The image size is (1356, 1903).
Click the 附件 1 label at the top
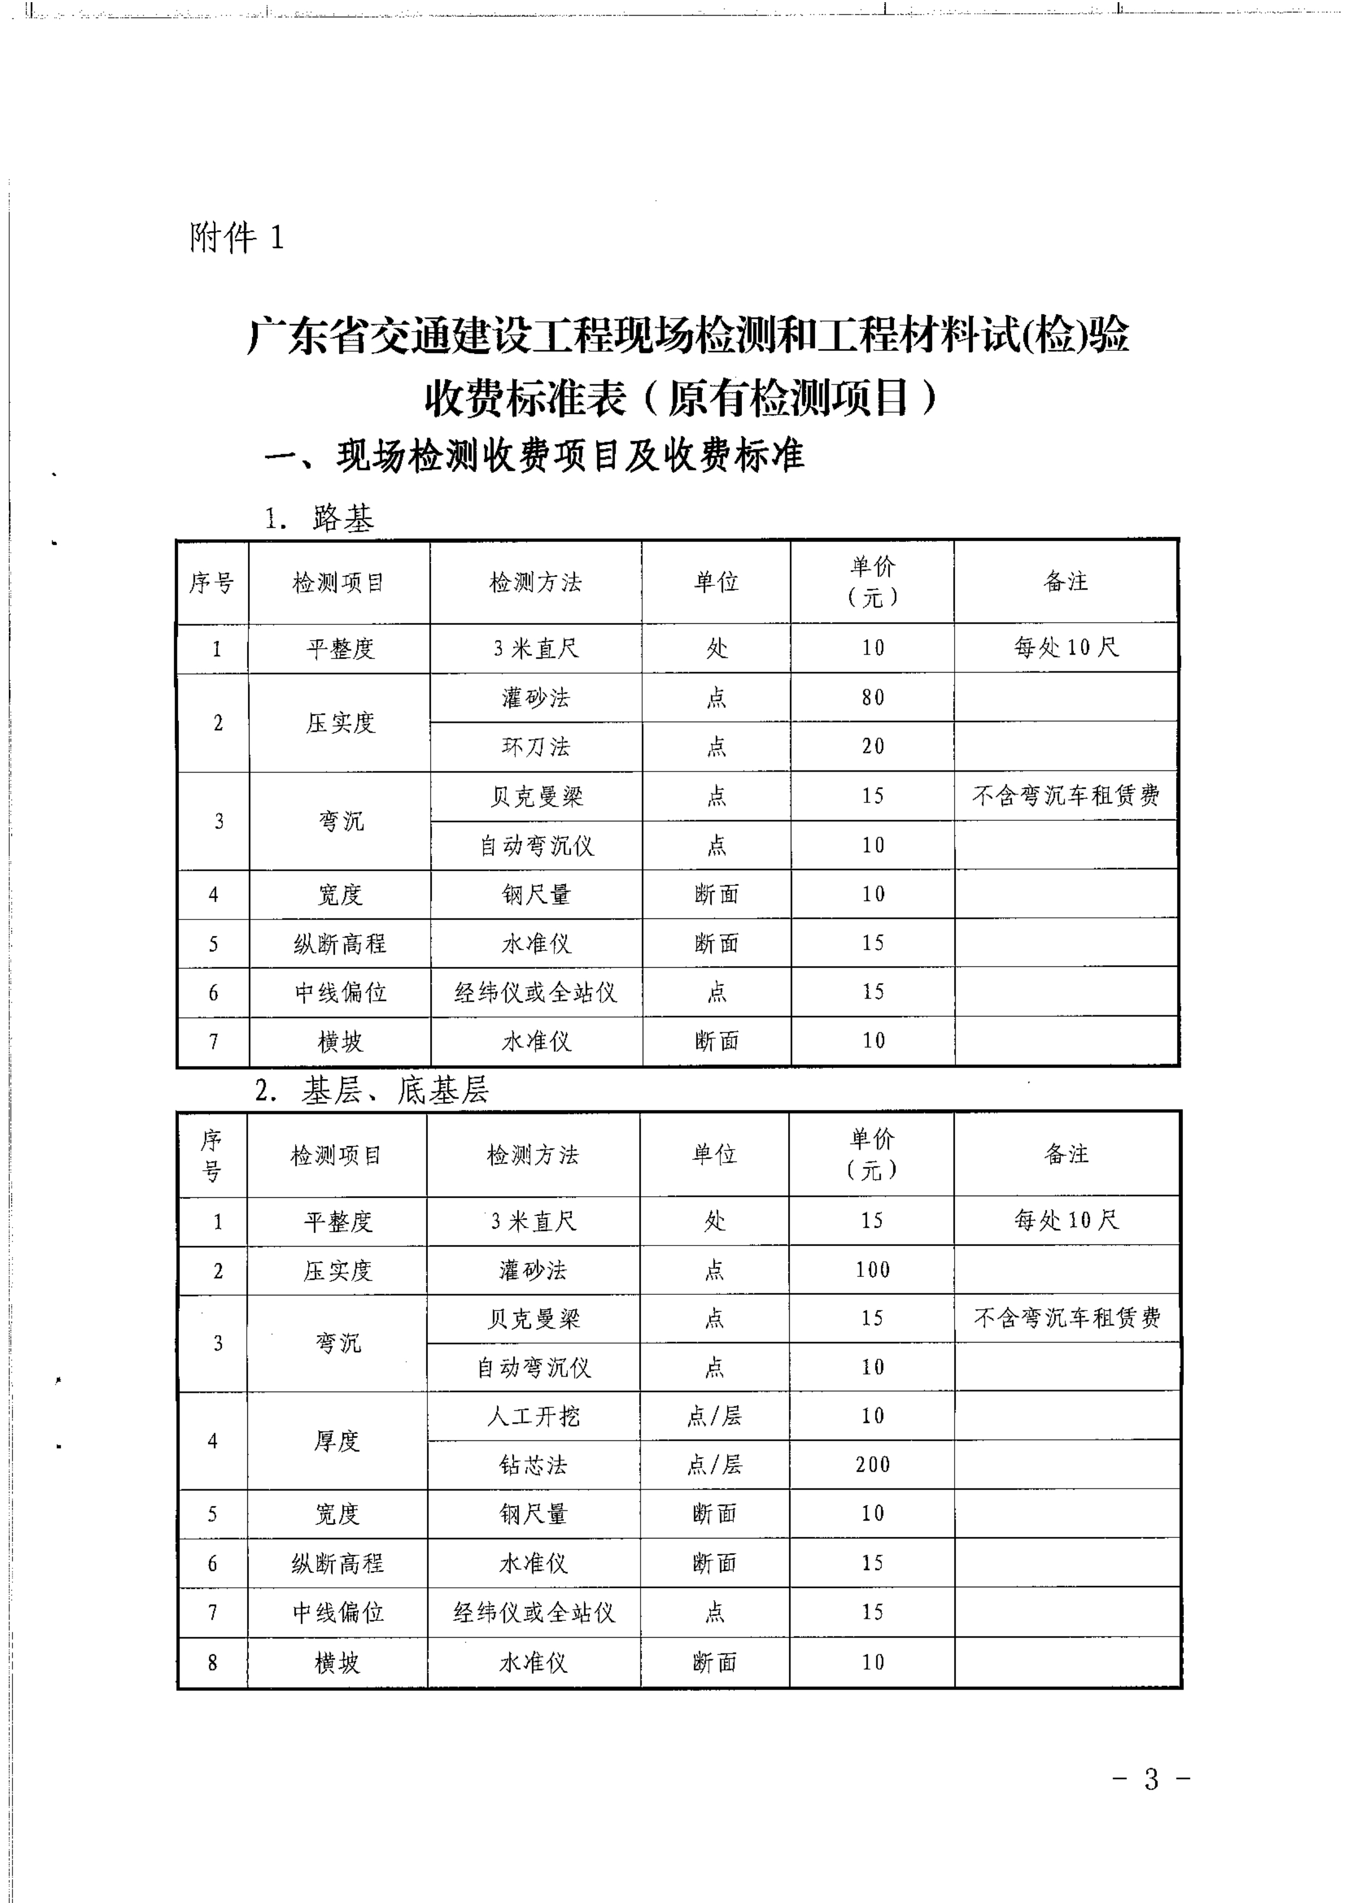[x=236, y=239]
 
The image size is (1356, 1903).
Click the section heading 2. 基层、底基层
[x=372, y=1090]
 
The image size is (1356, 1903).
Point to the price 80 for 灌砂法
[x=873, y=697]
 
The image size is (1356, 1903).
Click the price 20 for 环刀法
[x=873, y=746]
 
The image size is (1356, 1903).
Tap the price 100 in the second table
[x=873, y=1269]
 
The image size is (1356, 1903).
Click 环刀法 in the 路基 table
[x=536, y=746]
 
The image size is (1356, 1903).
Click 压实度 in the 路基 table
[x=340, y=722]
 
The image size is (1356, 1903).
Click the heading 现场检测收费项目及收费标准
[x=534, y=456]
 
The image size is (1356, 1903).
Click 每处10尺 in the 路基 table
[x=1066, y=647]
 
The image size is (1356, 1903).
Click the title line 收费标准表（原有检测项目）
[x=681, y=398]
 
